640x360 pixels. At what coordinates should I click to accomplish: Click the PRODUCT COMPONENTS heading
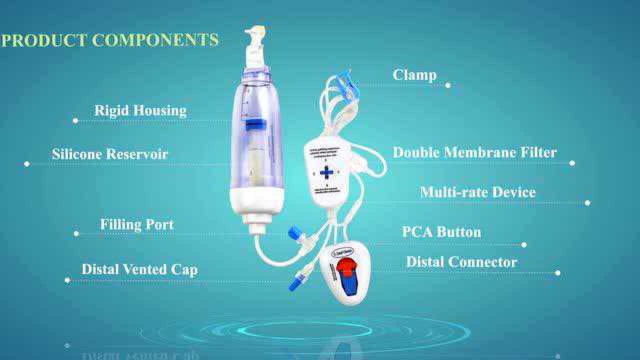(109, 40)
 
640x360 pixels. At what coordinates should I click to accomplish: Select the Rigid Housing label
(140, 110)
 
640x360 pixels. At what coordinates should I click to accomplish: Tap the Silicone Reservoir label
(110, 153)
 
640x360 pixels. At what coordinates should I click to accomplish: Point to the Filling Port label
(137, 224)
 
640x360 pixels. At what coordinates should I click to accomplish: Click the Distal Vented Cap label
(139, 269)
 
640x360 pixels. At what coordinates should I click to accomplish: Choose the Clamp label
(414, 75)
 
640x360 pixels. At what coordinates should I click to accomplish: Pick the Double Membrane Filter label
(474, 152)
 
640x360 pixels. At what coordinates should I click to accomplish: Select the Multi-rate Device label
(477, 192)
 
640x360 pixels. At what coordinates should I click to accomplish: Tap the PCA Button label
(441, 232)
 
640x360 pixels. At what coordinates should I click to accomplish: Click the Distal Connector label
(461, 262)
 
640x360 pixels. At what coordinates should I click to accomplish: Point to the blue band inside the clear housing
(255, 125)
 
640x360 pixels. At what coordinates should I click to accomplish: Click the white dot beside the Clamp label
(447, 85)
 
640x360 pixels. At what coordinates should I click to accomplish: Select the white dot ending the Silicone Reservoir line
(27, 163)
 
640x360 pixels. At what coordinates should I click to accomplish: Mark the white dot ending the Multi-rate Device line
(587, 203)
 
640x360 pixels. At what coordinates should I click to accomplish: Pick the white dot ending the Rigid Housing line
(75, 120)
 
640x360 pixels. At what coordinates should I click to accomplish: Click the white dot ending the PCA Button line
(524, 245)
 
